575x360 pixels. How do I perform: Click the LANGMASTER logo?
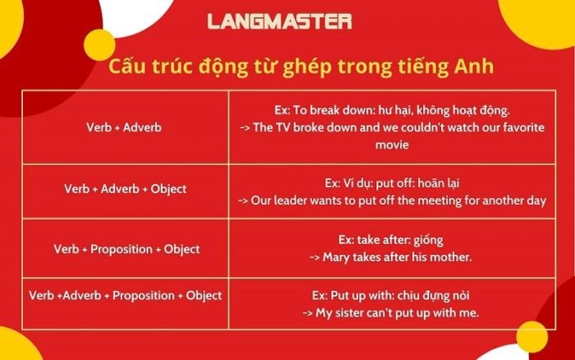point(279,21)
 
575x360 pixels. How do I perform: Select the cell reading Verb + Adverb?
point(124,128)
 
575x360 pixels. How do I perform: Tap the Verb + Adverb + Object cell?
point(125,188)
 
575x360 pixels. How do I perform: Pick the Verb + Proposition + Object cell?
point(126,248)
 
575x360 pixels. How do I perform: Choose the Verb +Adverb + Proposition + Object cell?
point(125,295)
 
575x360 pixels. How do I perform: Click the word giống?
point(428,240)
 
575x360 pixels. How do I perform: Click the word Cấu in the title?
point(128,67)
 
